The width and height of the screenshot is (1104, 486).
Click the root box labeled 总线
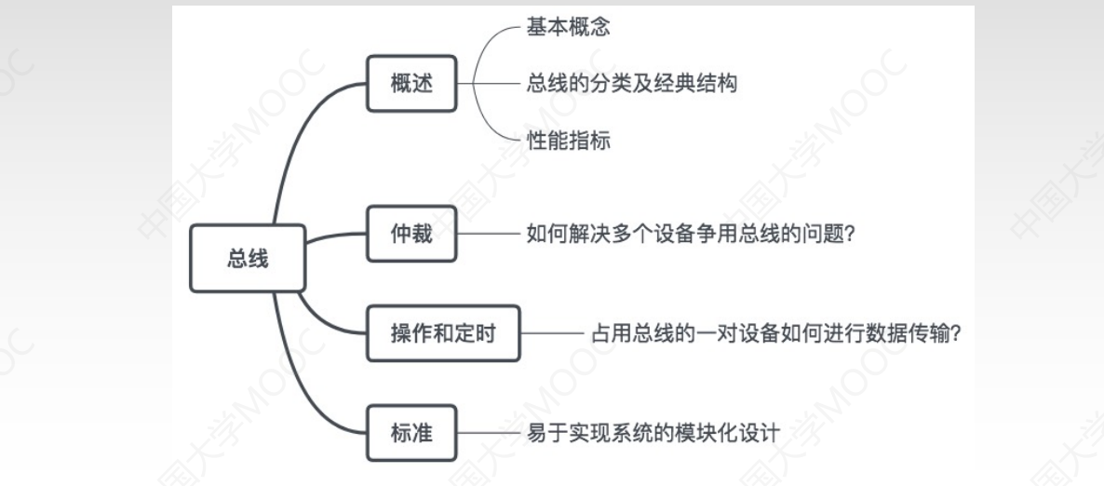tap(248, 259)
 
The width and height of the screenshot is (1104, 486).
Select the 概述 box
tap(411, 83)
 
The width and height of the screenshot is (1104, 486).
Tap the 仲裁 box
tap(411, 233)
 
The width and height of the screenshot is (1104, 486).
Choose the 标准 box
tap(411, 433)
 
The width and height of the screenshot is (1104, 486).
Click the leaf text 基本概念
tap(570, 26)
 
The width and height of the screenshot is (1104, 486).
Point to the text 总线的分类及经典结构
tap(632, 84)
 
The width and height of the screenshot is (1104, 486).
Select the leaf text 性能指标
tap(570, 142)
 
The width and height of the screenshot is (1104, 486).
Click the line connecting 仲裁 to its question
tap(490, 234)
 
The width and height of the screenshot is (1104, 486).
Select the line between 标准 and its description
tap(490, 433)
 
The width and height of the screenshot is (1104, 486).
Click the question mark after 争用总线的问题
tap(850, 234)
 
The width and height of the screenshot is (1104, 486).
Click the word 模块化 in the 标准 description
tap(714, 433)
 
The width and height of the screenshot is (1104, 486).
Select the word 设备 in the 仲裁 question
tap(669, 234)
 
